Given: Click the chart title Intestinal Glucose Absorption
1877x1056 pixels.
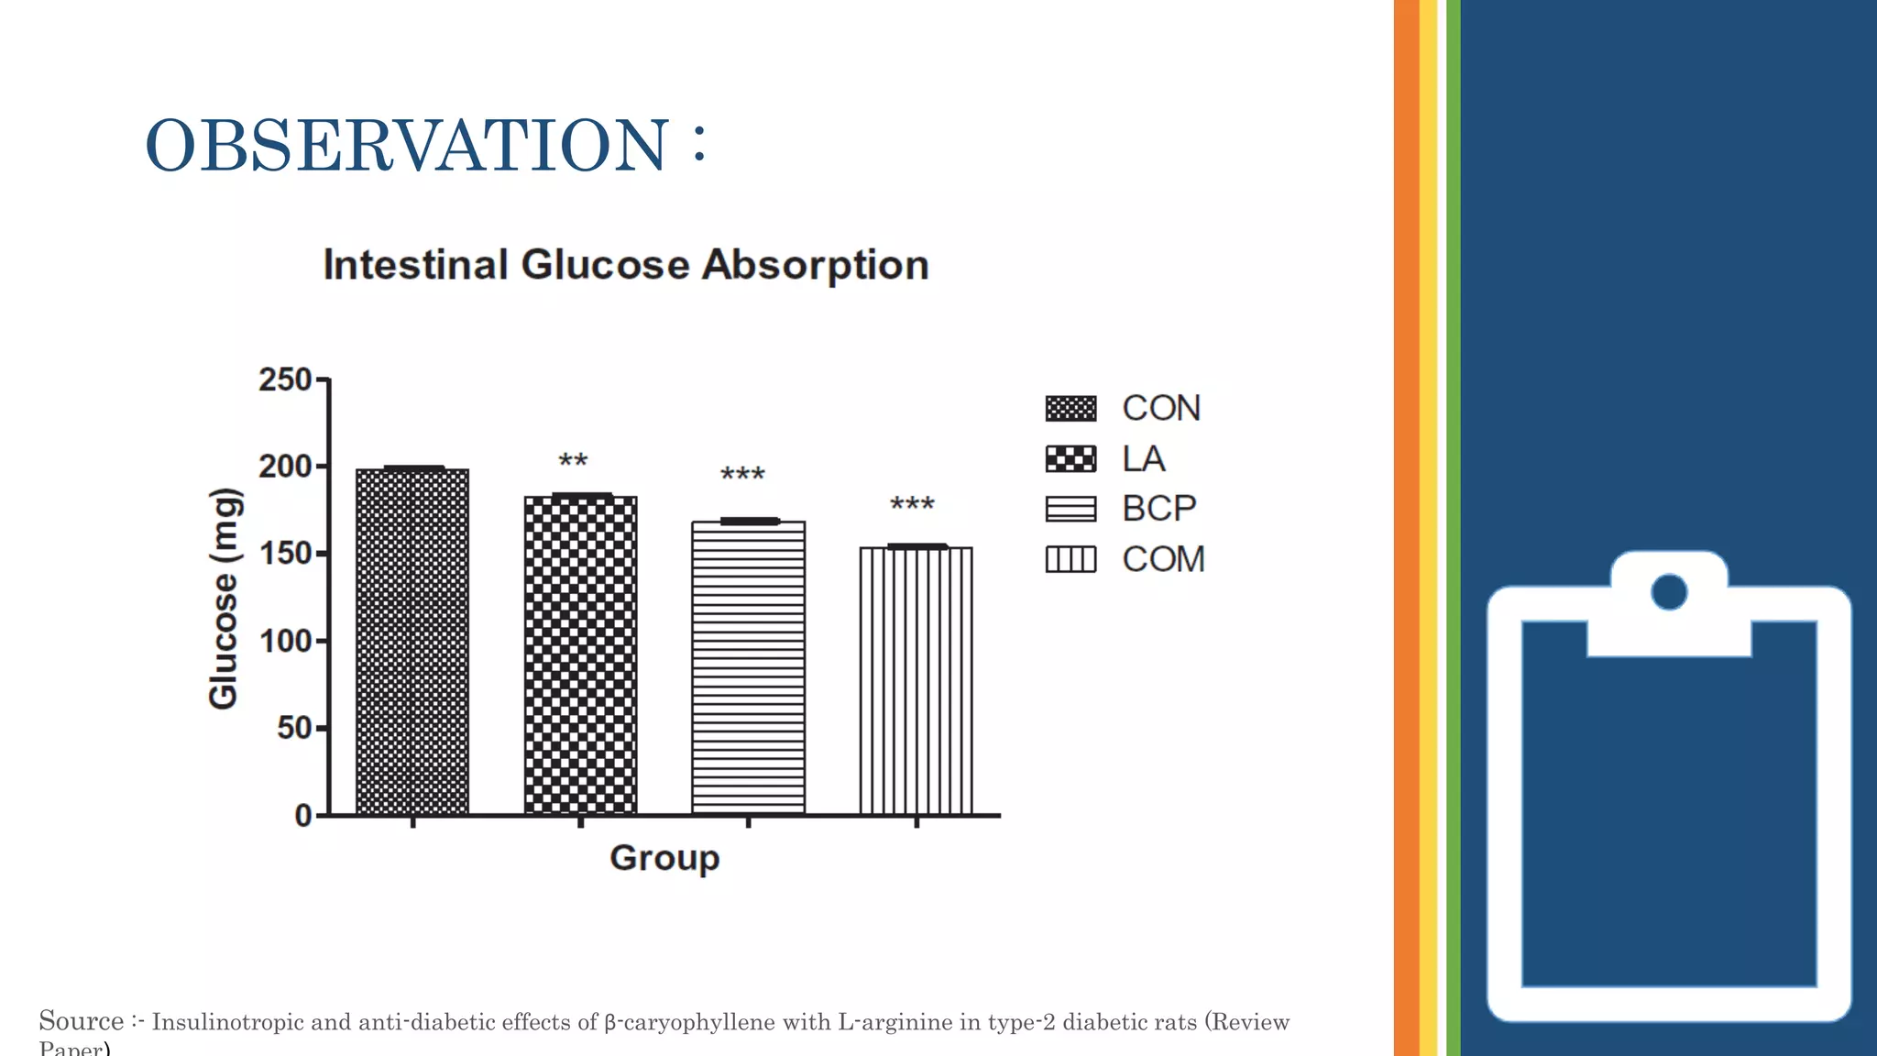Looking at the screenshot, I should coord(626,265).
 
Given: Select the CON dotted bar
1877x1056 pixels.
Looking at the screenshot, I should coord(412,642).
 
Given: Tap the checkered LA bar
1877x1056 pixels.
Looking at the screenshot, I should coord(580,655).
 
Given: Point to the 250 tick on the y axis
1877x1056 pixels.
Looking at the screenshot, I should coord(285,379).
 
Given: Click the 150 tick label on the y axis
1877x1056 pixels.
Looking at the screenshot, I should coord(285,554).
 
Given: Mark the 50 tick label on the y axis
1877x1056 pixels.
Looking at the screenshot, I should coord(293,728).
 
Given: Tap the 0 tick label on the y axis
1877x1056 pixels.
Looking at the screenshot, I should coord(302,815).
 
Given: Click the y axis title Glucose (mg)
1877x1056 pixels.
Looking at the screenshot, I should coord(224,599).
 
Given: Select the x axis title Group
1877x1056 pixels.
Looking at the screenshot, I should coord(664,858).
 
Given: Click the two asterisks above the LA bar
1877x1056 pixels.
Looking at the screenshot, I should coord(573,461).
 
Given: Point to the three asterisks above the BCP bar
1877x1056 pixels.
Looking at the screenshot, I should coord(741,475).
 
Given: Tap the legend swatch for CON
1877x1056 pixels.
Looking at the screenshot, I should coord(1070,408).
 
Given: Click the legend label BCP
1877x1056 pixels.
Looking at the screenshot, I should coord(1158,508).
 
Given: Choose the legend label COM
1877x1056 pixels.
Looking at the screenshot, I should coord(1163,559).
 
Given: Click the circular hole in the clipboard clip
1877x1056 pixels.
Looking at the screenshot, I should coord(1669,591).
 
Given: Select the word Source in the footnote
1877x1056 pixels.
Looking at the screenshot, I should coord(81,1021).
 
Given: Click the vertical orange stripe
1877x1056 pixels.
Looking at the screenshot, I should coord(1406,528).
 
